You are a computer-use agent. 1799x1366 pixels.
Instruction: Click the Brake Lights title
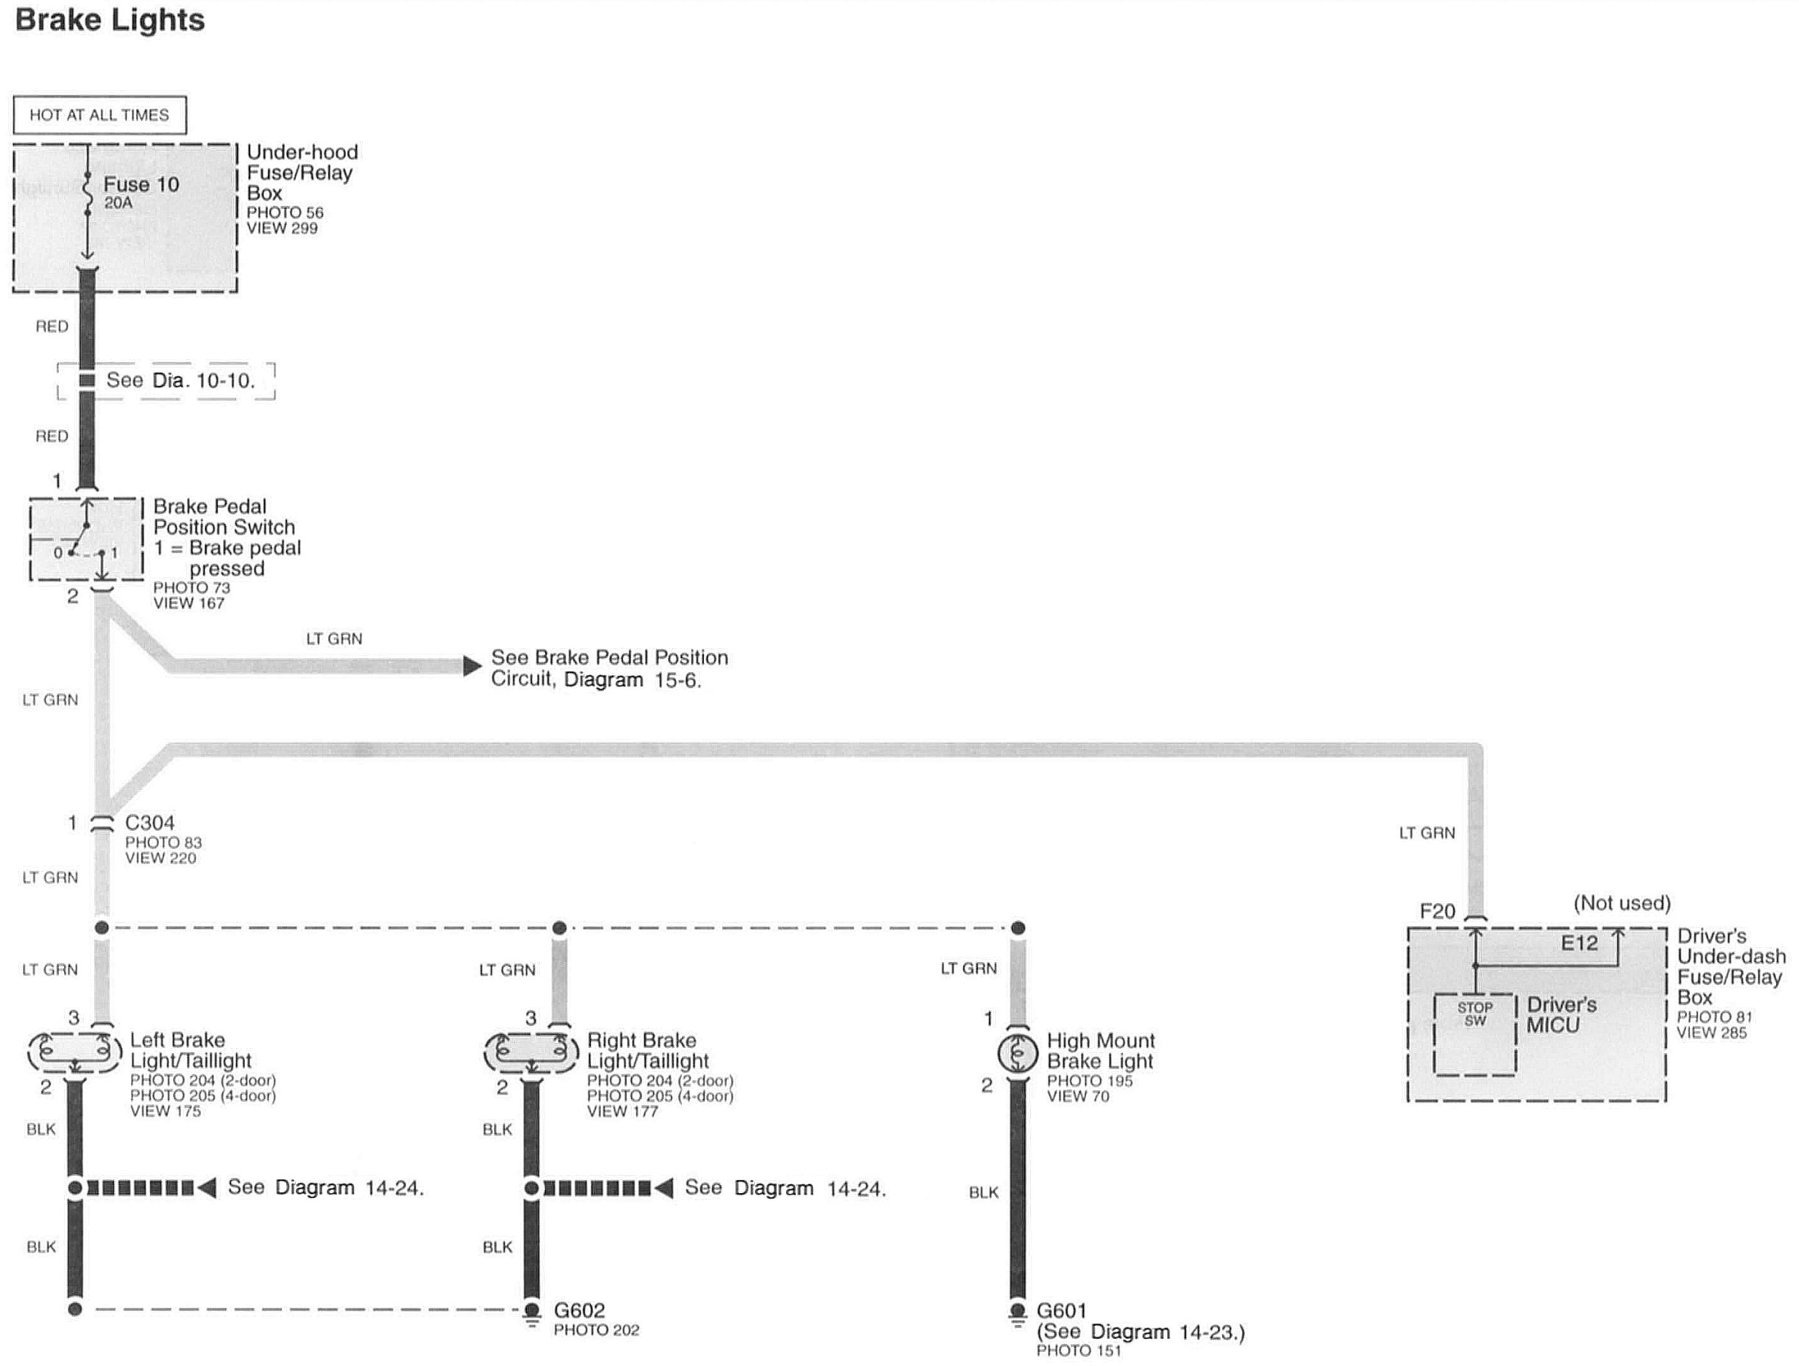[x=110, y=20]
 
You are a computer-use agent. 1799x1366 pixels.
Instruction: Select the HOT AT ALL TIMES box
[x=99, y=115]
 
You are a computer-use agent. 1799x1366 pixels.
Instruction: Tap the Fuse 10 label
[x=141, y=184]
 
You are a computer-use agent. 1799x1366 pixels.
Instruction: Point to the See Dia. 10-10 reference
[x=180, y=380]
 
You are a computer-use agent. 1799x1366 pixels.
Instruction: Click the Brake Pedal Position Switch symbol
[x=86, y=539]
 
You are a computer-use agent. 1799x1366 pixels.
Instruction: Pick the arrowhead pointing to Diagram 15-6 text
[x=472, y=666]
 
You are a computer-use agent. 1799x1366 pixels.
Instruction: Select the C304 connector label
[x=149, y=823]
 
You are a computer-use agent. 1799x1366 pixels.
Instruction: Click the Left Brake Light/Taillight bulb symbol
[x=75, y=1052]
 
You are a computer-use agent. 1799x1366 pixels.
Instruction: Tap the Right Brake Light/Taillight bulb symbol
[x=531, y=1052]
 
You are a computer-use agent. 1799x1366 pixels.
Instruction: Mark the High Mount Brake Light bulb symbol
[x=1018, y=1055]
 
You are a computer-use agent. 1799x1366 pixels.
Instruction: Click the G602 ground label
[x=579, y=1310]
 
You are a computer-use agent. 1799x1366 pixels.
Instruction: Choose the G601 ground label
[x=1061, y=1310]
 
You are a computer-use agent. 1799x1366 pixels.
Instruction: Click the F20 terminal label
[x=1437, y=911]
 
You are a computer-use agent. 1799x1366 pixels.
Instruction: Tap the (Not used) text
[x=1622, y=902]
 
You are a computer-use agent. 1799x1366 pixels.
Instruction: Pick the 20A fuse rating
[x=118, y=202]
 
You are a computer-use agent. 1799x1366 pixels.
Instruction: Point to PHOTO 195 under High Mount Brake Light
[x=1089, y=1080]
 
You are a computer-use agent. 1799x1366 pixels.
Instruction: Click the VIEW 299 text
[x=283, y=229]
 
